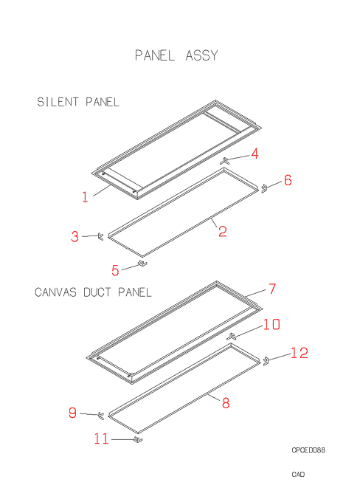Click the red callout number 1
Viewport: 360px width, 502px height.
coord(85,197)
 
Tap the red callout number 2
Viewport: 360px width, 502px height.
coord(223,231)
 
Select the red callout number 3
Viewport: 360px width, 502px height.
coord(75,236)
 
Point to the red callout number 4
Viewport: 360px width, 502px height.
coord(255,154)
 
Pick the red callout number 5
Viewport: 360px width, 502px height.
coord(115,270)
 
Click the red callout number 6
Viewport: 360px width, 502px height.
coord(288,180)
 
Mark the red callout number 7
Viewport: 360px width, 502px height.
coord(272,289)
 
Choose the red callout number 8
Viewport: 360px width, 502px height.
coord(226,403)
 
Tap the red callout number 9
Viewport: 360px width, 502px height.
coord(72,413)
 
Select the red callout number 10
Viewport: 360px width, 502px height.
coord(271,324)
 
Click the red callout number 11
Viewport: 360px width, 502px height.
coord(102,439)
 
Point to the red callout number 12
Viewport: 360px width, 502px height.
coord(300,353)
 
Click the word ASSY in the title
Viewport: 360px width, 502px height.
coord(202,55)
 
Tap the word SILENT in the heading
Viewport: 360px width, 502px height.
coord(58,102)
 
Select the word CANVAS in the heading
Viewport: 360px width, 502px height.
coord(55,292)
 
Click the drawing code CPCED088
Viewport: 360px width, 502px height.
coord(308,450)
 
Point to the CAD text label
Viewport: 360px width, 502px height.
coord(298,474)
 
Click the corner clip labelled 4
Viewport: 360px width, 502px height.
coord(225,162)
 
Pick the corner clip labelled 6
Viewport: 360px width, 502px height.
coord(264,188)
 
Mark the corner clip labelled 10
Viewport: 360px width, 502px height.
coord(231,337)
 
